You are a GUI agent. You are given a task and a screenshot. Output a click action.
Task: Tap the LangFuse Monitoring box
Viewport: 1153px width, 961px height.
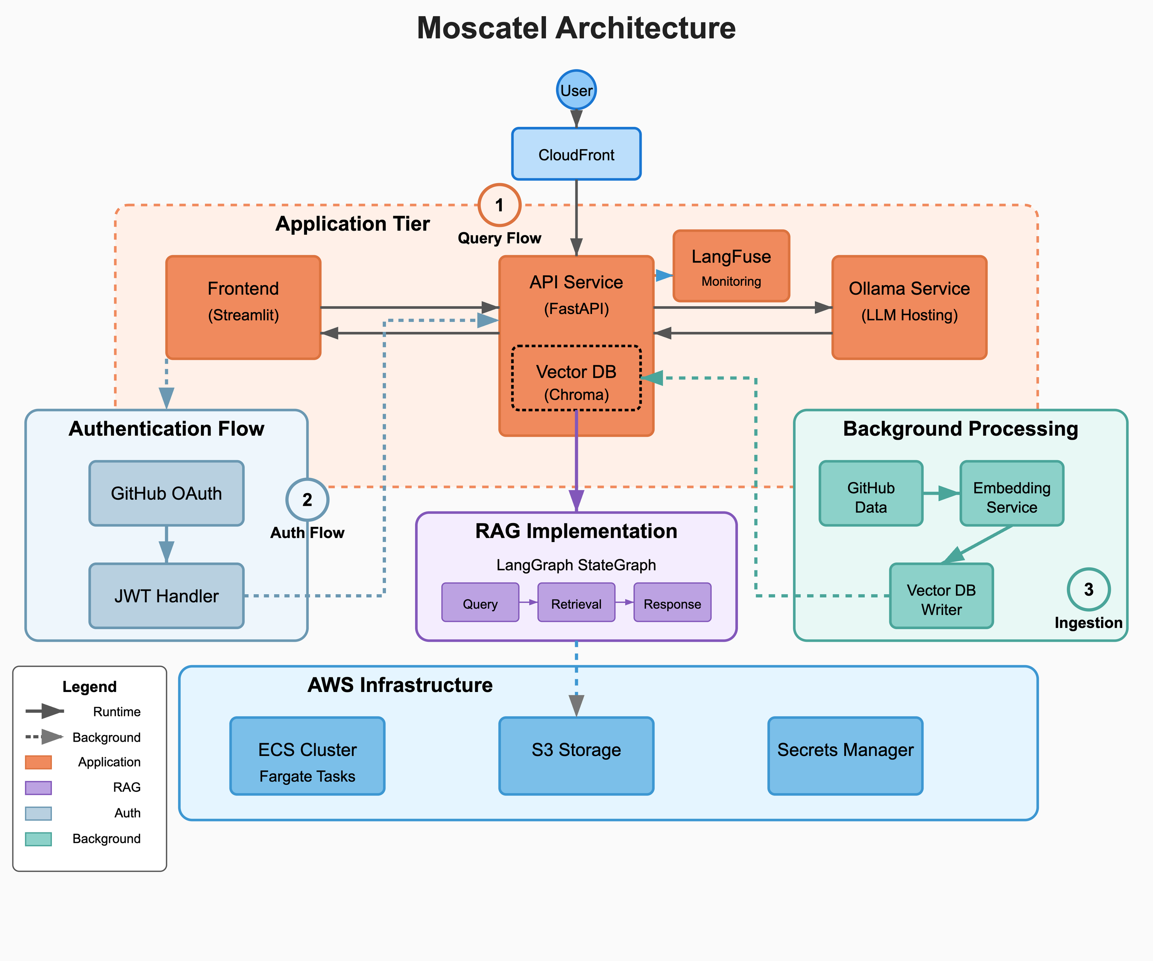click(731, 266)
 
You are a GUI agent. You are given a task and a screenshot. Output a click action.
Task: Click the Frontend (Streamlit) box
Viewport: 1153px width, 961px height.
click(243, 307)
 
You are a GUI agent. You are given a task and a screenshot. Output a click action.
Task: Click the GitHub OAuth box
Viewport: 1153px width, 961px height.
click(166, 493)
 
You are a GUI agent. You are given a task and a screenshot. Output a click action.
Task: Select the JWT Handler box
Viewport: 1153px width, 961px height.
click(166, 596)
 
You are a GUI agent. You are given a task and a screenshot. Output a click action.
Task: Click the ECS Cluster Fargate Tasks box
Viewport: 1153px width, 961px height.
click(307, 756)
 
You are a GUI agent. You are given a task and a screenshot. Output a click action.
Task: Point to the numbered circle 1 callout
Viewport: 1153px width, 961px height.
click(499, 205)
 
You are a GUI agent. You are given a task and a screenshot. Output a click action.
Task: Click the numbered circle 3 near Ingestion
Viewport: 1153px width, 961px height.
click(1088, 589)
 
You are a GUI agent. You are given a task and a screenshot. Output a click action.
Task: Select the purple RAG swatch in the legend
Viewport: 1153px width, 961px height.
click(38, 787)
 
